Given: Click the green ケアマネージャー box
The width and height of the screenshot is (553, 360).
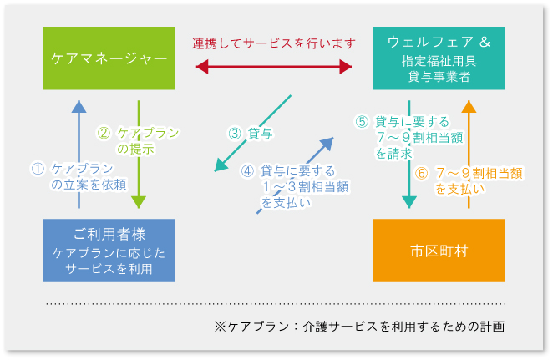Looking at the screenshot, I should click(109, 58).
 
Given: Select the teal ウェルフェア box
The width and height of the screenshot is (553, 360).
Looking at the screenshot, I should click(439, 58).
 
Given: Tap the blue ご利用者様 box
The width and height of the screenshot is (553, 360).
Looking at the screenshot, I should click(109, 250).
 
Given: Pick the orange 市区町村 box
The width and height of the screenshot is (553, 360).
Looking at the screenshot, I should click(439, 250).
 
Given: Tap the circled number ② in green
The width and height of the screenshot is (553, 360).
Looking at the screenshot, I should click(104, 132).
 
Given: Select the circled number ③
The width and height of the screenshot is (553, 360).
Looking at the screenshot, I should click(235, 133).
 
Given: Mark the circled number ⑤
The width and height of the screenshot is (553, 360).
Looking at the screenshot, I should click(362, 121).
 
